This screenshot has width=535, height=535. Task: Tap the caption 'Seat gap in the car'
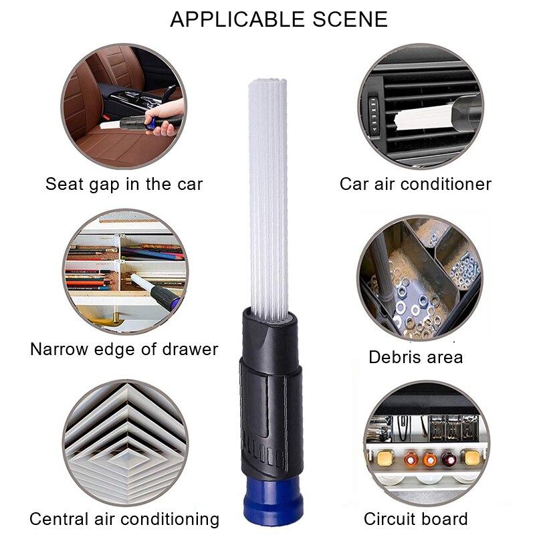(x=124, y=184)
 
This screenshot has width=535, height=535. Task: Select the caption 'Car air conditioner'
(x=415, y=184)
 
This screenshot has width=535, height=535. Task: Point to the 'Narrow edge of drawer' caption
(x=124, y=349)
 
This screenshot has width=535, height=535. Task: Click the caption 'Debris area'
(x=415, y=357)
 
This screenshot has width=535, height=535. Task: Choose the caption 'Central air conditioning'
(x=124, y=519)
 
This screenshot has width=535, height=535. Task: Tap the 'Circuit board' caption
(x=415, y=519)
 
